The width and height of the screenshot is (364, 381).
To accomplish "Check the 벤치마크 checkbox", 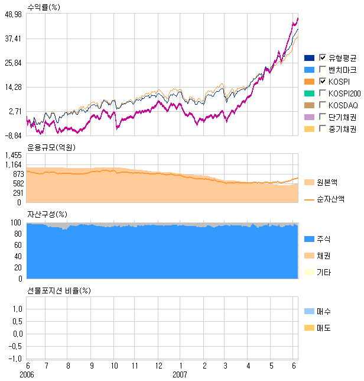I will [x=323, y=69].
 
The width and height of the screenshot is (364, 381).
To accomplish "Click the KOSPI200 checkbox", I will [x=323, y=93].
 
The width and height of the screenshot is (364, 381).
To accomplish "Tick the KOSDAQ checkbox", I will [x=323, y=105].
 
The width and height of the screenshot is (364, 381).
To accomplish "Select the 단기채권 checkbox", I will [x=323, y=117].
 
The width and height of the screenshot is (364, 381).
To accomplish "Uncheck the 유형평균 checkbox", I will [x=323, y=57].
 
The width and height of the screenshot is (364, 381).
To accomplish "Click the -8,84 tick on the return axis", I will [x=13, y=135].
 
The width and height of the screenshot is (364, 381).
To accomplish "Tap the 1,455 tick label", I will [x=13, y=155].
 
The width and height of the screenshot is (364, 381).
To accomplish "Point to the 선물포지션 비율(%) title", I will [x=60, y=290].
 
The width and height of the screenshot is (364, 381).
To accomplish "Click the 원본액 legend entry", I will [x=327, y=182].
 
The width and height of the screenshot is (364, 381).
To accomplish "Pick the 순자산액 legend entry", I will [x=330, y=199].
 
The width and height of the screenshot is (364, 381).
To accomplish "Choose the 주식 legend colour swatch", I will [x=308, y=239].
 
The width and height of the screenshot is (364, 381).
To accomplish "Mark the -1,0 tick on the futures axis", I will [x=15, y=359].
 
